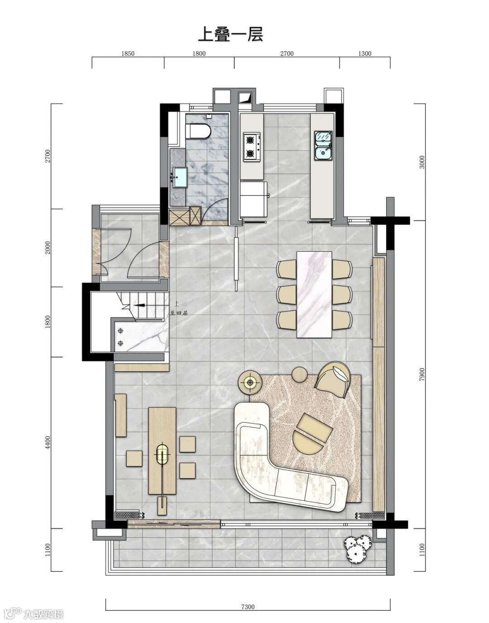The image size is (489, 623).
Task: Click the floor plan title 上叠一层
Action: point(231,35)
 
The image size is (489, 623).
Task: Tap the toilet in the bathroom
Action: point(198,131)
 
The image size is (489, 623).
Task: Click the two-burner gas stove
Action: point(252,147)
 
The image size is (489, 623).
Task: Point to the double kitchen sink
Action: point(323,145)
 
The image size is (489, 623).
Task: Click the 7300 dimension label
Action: point(248,604)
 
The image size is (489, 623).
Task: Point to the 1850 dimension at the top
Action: point(128,53)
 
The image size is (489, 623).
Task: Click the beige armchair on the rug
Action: point(333,379)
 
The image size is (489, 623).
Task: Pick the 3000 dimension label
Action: point(422,162)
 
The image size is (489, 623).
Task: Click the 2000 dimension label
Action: point(48,247)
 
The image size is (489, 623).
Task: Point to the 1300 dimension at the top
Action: point(364,53)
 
